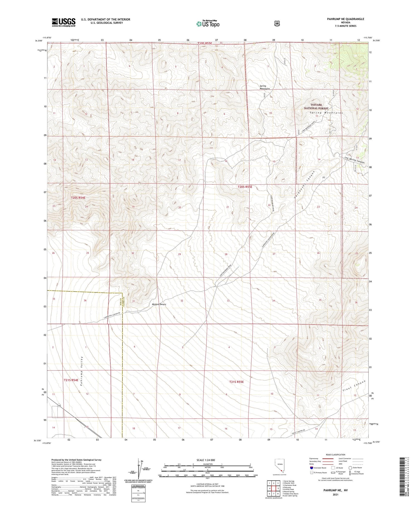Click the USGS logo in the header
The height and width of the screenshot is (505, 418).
[64, 22]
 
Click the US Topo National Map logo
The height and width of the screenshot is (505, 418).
[208, 24]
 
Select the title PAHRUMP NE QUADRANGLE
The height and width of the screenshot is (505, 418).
[345, 19]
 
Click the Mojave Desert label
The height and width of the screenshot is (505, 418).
[159, 304]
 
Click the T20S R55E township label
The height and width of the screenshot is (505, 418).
[245, 187]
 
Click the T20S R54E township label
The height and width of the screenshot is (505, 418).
[78, 198]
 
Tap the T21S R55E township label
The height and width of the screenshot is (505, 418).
[237, 382]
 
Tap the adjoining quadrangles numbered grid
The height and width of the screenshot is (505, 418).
[274, 488]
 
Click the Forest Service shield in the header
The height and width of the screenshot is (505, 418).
[276, 24]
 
